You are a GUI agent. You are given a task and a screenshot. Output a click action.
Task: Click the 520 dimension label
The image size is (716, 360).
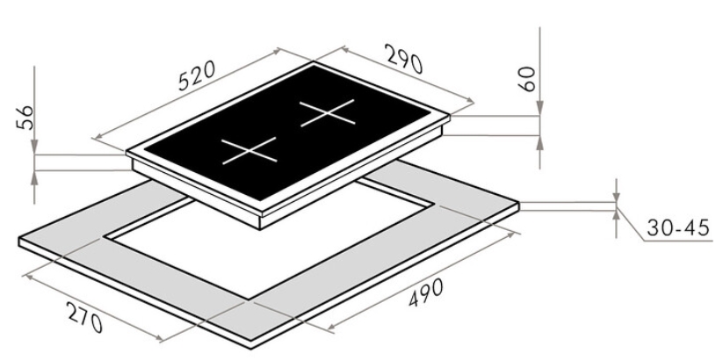(x=197, y=76)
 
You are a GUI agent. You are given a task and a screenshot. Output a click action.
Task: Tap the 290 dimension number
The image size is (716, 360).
(x=405, y=59)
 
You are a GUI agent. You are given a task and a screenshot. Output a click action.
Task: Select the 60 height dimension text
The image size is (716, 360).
(x=527, y=79)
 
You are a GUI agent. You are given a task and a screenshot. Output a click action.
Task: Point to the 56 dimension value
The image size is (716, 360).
(x=25, y=118)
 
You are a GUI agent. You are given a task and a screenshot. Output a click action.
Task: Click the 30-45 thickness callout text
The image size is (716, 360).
(x=678, y=227)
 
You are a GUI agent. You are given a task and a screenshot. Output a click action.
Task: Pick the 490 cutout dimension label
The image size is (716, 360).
(x=425, y=292)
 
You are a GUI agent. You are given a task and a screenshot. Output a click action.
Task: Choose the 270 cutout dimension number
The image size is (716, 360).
(x=85, y=318)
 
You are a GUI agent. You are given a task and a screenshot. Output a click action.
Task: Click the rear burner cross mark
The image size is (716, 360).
(x=327, y=112)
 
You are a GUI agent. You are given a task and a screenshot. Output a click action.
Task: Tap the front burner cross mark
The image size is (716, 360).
(x=250, y=150)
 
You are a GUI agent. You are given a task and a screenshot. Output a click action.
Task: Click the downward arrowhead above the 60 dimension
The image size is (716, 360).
(x=539, y=109)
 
